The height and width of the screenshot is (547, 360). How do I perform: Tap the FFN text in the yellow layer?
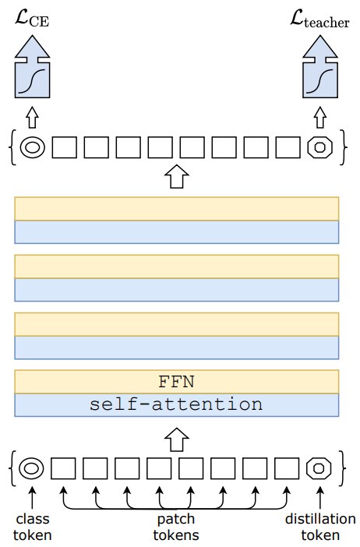pyautogui.click(x=177, y=382)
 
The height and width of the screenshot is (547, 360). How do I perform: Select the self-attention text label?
pyautogui.click(x=176, y=404)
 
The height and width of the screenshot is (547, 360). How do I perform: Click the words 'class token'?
pyautogui.click(x=32, y=527)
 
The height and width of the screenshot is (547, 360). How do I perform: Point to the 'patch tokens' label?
pyautogui.click(x=176, y=527)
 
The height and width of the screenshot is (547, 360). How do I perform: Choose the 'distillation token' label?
pyautogui.click(x=320, y=527)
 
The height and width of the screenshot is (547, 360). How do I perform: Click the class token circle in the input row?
pyautogui.click(x=31, y=468)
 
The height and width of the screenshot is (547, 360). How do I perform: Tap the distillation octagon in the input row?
pyautogui.click(x=319, y=468)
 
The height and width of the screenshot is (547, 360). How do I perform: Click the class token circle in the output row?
pyautogui.click(x=33, y=147)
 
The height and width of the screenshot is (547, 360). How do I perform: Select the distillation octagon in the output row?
pyautogui.click(x=320, y=147)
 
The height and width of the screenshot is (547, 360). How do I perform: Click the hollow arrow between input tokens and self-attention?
pyautogui.click(x=177, y=439)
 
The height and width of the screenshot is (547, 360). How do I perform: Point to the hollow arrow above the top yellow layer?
pyautogui.click(x=177, y=177)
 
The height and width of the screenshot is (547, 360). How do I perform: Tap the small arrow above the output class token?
pyautogui.click(x=33, y=117)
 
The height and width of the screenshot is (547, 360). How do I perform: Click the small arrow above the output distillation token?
pyautogui.click(x=320, y=117)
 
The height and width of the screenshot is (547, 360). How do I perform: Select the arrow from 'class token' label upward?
pyautogui.click(x=32, y=498)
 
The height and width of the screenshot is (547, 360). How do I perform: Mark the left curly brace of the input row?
pyautogui.click(x=13, y=468)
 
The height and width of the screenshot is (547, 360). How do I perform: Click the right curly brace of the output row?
pyautogui.click(x=344, y=147)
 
